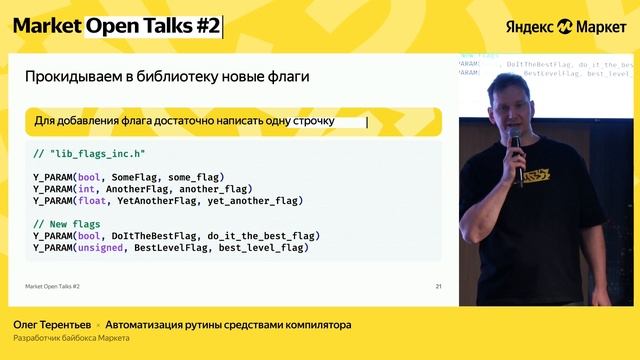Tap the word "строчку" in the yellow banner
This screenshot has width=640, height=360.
click(313, 121)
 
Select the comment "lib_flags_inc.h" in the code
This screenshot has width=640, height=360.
click(89, 154)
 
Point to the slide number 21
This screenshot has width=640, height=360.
click(438, 287)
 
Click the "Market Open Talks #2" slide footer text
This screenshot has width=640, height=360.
click(53, 287)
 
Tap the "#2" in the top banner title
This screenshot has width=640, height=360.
click(206, 26)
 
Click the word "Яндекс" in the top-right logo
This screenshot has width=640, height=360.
click(529, 26)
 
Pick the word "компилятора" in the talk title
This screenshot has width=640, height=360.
click(309, 325)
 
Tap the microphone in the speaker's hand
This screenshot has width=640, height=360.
click(516, 150)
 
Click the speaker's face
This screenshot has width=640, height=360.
click(503, 105)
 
